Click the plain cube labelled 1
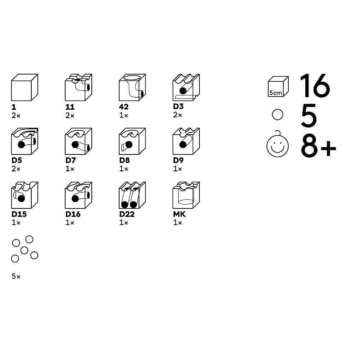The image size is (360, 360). (x=24, y=87)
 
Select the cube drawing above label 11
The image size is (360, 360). (x=78, y=87)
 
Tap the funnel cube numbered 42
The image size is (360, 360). (x=132, y=87)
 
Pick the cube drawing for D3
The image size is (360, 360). (x=186, y=87)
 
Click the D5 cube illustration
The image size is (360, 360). (x=24, y=141)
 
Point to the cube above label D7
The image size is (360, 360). (x=78, y=141)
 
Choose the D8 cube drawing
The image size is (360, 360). (x=132, y=141)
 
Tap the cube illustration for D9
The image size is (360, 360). (x=186, y=141)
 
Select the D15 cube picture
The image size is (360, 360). (x=24, y=195)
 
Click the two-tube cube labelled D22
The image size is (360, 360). (x=132, y=195)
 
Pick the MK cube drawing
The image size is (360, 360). (x=186, y=195)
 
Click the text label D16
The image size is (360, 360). (x=73, y=214)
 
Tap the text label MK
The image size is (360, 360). (x=179, y=214)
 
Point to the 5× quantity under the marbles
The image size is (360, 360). (x=16, y=276)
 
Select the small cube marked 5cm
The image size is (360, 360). (x=278, y=86)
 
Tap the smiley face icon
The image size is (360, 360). (x=278, y=145)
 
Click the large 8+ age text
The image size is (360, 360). (x=319, y=146)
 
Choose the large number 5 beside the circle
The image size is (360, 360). (x=309, y=116)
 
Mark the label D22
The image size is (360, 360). (x=127, y=214)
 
